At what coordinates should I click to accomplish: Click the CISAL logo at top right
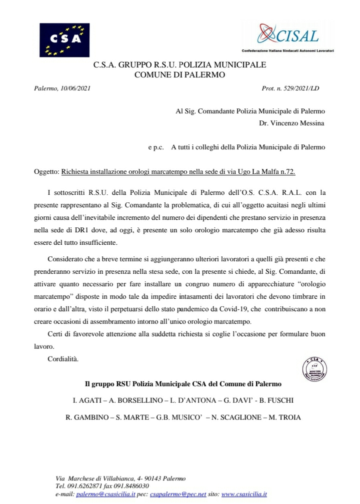pos(288,36)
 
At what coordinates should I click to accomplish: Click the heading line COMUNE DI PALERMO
pos(180,75)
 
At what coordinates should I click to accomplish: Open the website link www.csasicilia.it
pos(244,494)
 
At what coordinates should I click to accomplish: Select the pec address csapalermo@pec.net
pos(173,494)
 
